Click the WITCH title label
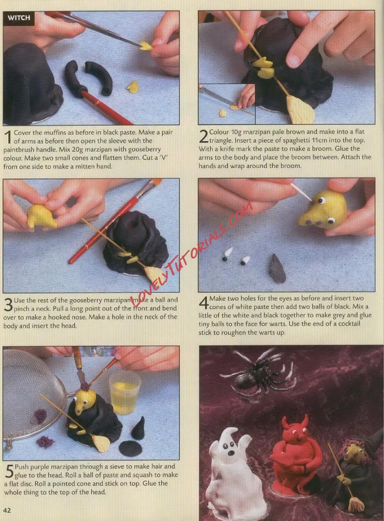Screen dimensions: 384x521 point(19,17)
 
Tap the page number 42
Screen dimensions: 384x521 point(7,510)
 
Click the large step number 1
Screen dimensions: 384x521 point(8,137)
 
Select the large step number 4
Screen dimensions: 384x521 point(203,302)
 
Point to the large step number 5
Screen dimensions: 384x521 point(9,471)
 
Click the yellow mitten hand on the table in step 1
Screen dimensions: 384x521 point(133,86)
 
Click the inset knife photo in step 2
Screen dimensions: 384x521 point(227,104)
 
